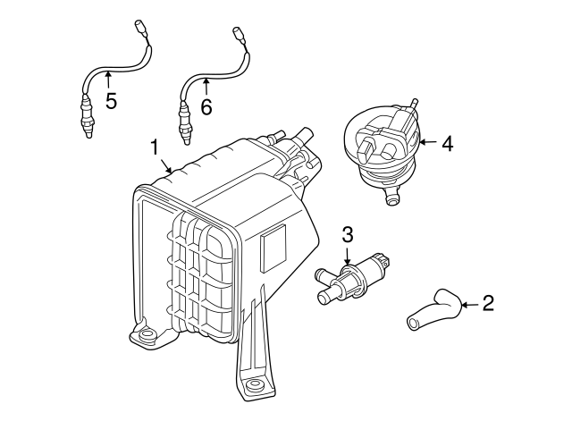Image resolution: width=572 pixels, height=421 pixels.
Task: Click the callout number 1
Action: tap(155, 147)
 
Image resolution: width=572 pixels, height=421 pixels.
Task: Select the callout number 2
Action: tap(488, 303)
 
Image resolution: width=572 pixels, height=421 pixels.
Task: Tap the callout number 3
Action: tap(348, 234)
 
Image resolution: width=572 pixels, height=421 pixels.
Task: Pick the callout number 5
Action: tap(111, 100)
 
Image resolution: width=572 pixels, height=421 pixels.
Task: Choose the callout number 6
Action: tap(206, 107)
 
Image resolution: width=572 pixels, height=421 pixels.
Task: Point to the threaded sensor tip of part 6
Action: tap(185, 127)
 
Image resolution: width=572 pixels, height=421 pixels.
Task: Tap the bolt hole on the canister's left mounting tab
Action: tap(147, 333)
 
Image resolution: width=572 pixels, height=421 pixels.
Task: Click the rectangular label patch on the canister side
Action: tap(273, 248)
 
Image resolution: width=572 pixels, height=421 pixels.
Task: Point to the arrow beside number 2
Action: tap(471, 304)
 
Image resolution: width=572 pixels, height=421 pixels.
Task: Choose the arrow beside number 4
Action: tap(428, 142)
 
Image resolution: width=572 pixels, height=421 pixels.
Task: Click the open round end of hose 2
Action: tap(413, 324)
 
